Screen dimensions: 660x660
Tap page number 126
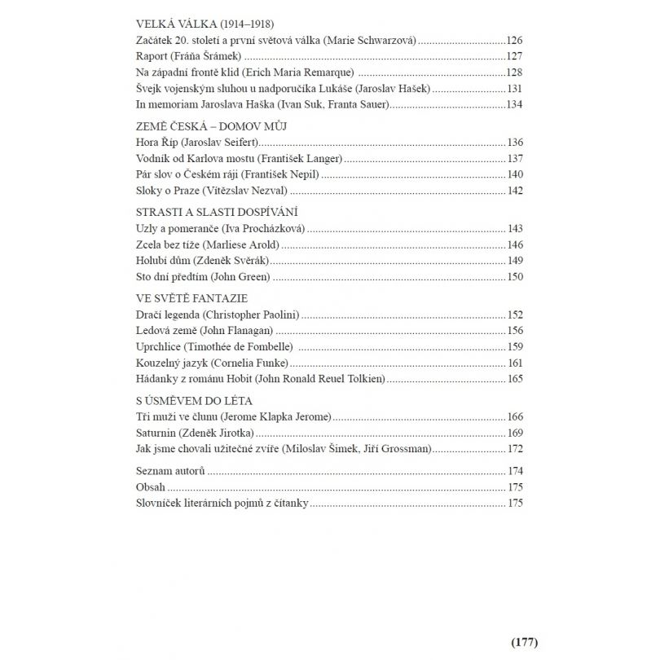click(514, 40)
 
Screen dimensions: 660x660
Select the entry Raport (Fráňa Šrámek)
click(189, 56)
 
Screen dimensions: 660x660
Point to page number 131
click(514, 88)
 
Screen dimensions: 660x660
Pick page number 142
click(514, 191)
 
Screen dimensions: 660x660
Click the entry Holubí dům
click(163, 261)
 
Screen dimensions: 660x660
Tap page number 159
click(514, 346)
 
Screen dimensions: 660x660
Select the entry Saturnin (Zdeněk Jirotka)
click(196, 433)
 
